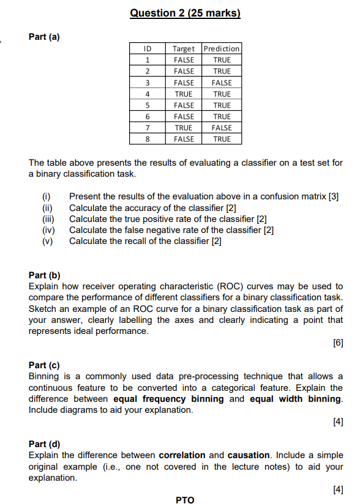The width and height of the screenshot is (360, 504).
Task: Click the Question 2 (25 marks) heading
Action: click(185, 13)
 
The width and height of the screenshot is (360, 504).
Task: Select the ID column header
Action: click(147, 48)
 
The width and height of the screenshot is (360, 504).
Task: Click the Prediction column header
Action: click(222, 48)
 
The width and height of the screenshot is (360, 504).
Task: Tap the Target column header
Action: click(184, 48)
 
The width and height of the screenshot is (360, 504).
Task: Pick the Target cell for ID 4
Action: click(184, 94)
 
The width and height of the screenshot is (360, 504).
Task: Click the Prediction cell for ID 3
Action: click(222, 83)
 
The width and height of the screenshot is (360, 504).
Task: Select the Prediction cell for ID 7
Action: click(222, 128)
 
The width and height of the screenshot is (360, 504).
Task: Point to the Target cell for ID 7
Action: click(184, 128)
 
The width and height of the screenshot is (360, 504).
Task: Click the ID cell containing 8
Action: click(147, 139)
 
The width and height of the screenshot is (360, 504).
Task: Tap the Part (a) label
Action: click(44, 37)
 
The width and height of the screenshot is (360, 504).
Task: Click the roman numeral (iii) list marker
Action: click(48, 219)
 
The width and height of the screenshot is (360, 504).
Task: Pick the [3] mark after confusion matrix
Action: click(334, 197)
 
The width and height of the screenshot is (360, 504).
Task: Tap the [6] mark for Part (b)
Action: click(338, 343)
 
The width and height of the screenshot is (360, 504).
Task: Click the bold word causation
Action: click(249, 456)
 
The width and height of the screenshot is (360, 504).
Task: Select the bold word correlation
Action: click(182, 456)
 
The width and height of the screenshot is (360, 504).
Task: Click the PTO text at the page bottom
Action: click(185, 500)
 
